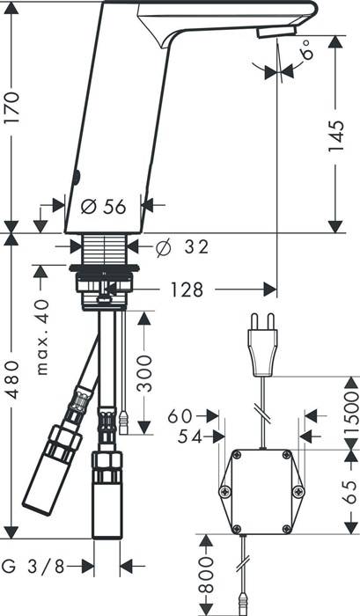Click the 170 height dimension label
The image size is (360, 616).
(x=11, y=107)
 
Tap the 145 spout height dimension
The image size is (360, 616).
(x=336, y=136)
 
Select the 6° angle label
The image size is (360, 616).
(x=309, y=49)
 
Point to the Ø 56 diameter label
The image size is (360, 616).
(x=103, y=206)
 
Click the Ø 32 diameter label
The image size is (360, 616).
(x=182, y=247)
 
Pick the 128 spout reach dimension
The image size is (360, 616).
(x=187, y=290)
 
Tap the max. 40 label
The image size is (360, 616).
(x=42, y=337)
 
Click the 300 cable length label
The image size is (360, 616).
(x=143, y=373)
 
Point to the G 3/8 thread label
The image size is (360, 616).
(x=33, y=566)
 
